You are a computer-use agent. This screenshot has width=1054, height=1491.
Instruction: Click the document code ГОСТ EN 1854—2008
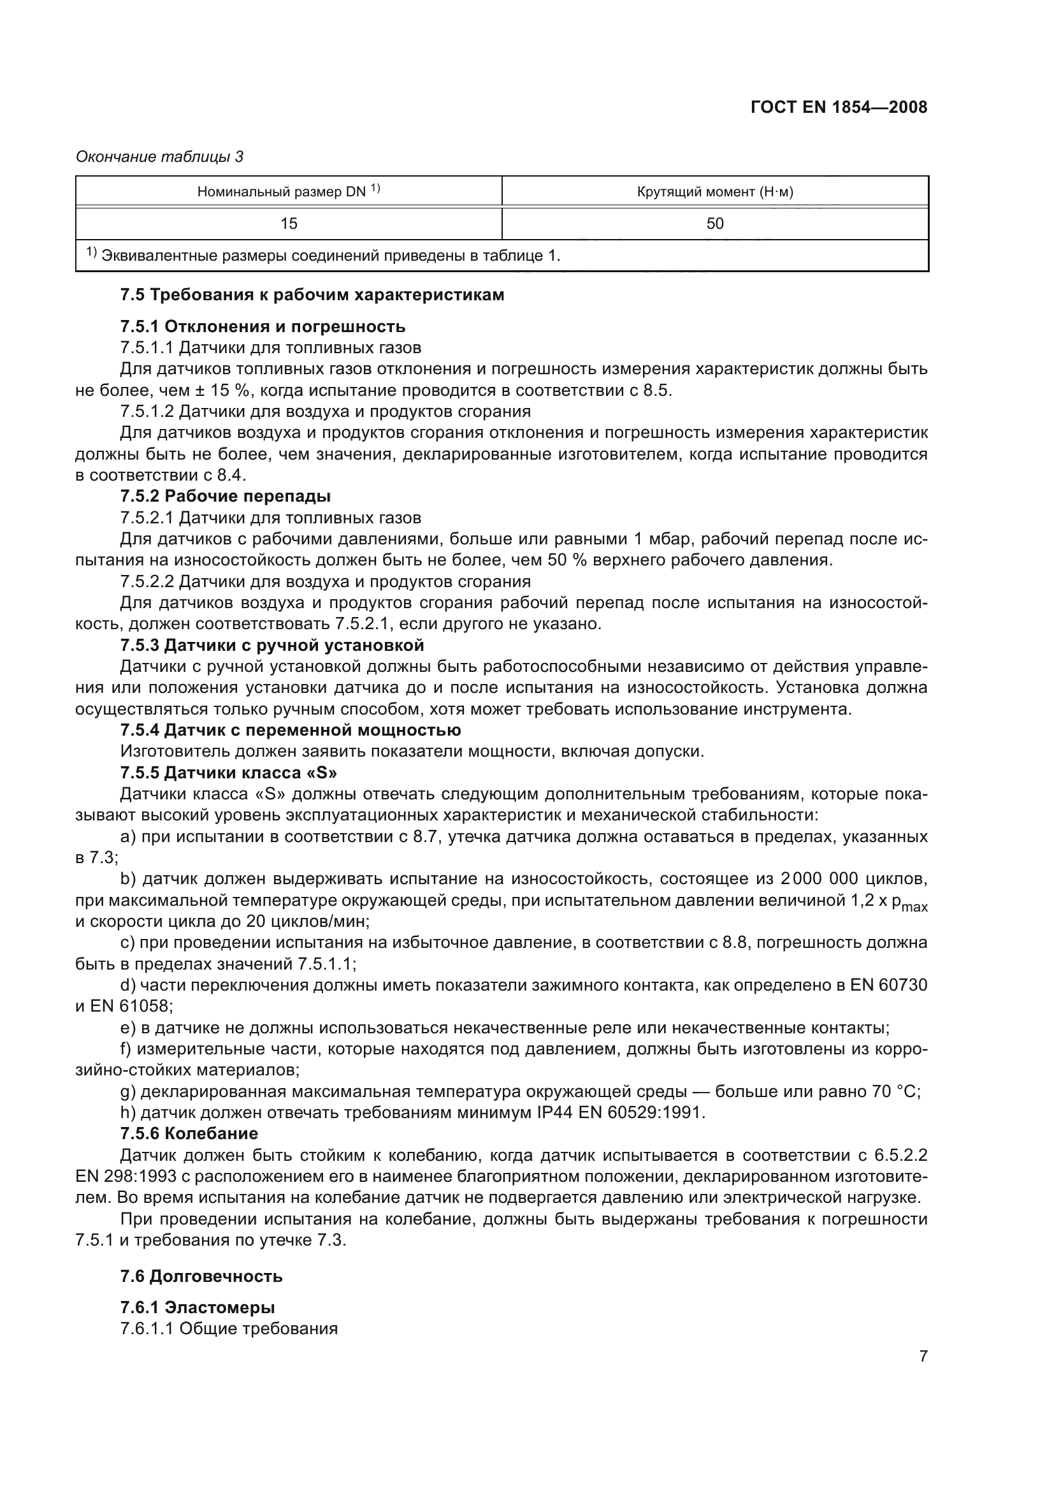click(839, 108)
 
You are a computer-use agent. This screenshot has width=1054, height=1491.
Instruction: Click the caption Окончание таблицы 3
click(160, 157)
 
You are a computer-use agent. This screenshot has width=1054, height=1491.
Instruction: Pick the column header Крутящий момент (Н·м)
click(714, 192)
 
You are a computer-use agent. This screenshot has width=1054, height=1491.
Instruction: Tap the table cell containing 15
click(288, 223)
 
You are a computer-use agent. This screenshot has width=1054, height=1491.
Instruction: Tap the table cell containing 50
click(714, 223)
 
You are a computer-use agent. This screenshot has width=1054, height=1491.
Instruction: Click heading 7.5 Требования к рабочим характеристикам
click(312, 295)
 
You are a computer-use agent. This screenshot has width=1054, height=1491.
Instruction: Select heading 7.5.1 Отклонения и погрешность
click(262, 326)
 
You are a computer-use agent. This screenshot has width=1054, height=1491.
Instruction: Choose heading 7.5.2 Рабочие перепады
click(225, 496)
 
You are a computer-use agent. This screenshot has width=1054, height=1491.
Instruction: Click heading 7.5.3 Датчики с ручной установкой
click(271, 646)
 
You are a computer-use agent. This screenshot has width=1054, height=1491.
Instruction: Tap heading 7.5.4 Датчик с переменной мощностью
click(290, 730)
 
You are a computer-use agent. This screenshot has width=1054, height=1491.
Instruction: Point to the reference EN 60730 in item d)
click(888, 985)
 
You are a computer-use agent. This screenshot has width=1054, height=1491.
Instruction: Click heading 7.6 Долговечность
click(201, 1276)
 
